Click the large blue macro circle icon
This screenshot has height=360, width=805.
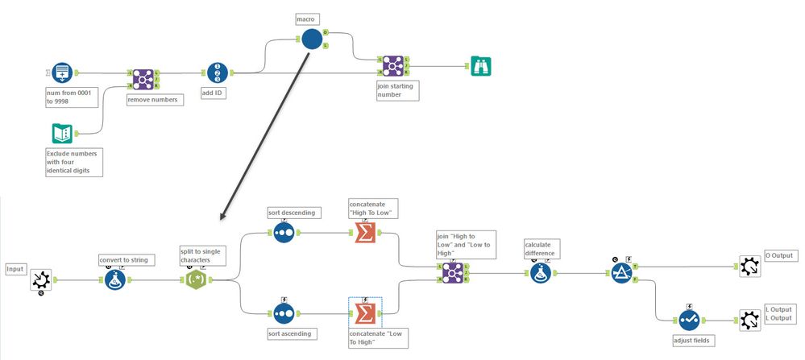(312, 39)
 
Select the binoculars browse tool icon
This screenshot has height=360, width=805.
(481, 67)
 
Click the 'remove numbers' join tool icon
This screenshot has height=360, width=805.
(143, 79)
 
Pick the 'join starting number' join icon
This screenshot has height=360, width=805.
(392, 67)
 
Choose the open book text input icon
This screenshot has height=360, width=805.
(62, 133)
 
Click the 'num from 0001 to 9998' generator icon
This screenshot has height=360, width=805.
(62, 73)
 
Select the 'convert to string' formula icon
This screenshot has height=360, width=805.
(115, 279)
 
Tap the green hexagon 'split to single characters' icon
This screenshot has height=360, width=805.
(196, 279)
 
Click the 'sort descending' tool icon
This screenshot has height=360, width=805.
(284, 233)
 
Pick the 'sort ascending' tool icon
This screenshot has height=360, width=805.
(284, 312)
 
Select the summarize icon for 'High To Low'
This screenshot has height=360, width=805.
(365, 233)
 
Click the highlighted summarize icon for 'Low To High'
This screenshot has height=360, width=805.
(365, 312)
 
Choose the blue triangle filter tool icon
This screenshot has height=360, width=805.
(620, 274)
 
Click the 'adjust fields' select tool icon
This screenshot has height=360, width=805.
(687, 320)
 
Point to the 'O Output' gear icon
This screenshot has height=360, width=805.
(749, 267)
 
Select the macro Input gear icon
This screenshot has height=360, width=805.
(41, 280)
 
